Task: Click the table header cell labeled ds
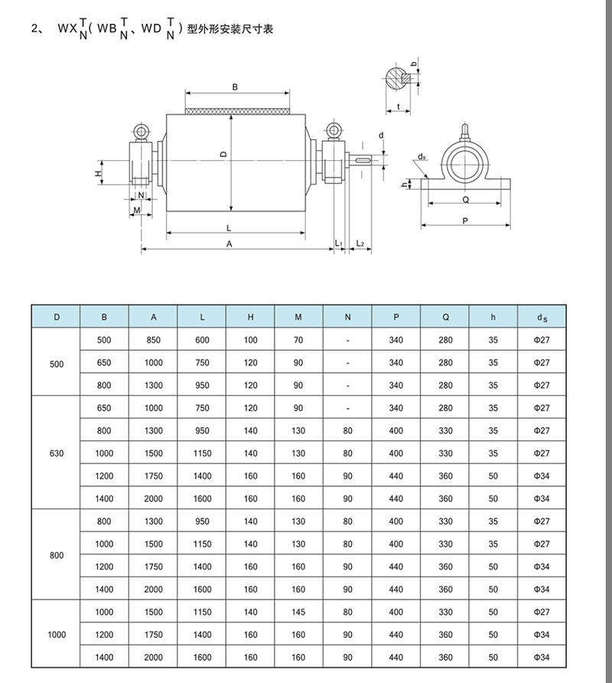541,317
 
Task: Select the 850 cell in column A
153,340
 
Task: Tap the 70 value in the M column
298,340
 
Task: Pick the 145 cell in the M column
298,613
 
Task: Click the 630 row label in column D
56,453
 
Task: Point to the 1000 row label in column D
56,635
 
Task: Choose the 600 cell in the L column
202,340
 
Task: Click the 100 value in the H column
250,340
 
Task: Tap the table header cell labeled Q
444,317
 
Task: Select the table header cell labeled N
347,317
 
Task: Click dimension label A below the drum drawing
229,243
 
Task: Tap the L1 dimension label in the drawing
339,243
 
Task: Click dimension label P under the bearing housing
465,221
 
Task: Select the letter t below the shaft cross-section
399,106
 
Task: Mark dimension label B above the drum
236,87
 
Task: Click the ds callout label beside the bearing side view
422,157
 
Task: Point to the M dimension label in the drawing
136,209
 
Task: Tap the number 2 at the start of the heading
33,29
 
